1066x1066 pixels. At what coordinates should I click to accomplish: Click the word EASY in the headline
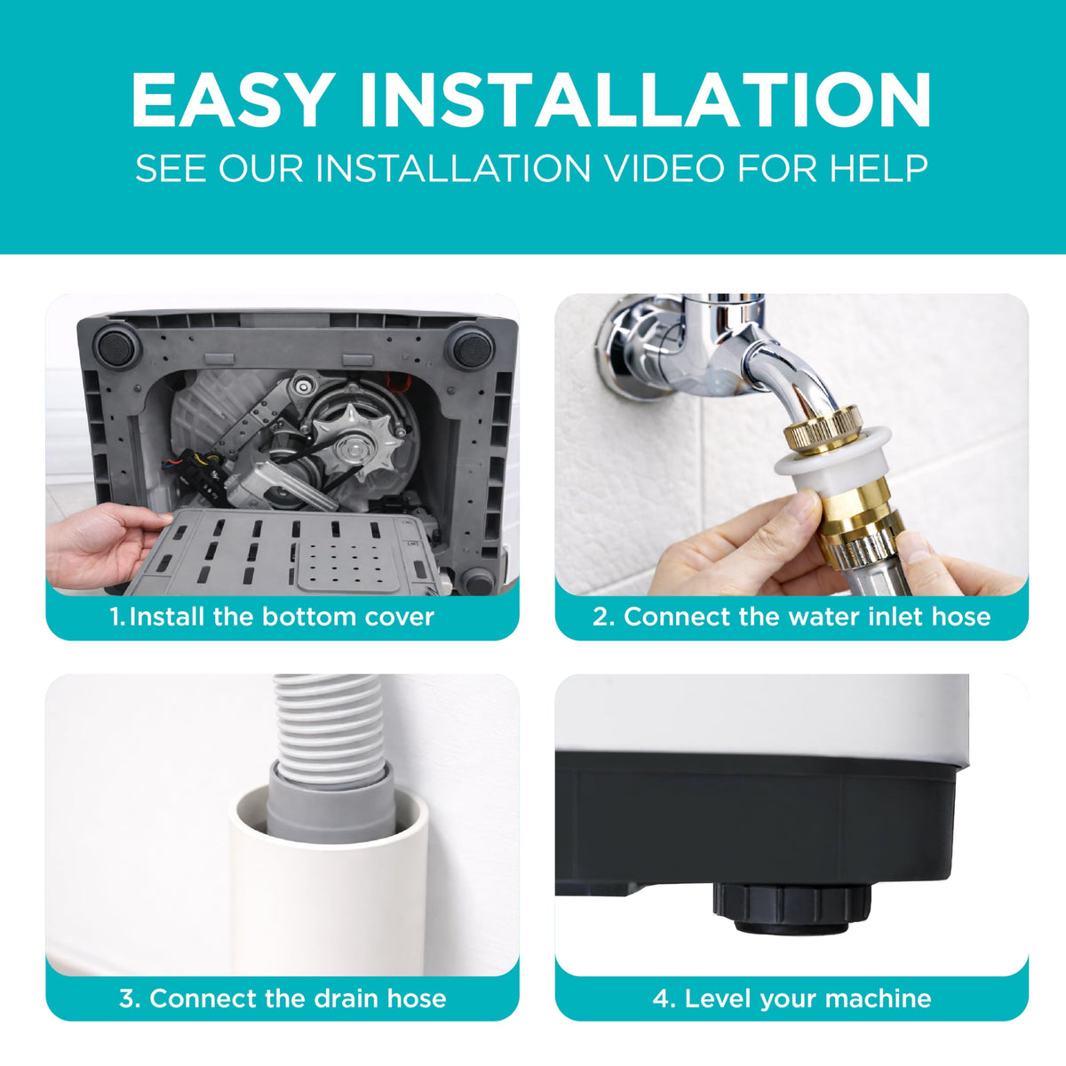point(233,99)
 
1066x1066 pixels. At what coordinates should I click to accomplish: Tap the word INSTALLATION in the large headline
point(646,99)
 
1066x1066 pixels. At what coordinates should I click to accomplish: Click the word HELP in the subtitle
point(879,168)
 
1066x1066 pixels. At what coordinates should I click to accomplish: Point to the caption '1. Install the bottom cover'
point(272,617)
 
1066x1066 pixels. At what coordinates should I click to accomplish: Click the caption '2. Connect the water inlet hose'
point(792,617)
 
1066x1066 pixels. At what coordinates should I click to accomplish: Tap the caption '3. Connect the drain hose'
point(282,998)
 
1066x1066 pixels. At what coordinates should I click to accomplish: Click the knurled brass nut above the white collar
point(823,429)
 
